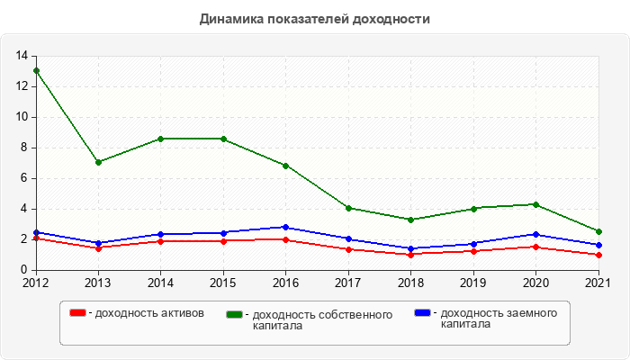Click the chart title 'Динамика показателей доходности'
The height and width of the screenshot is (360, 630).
pyautogui.click(x=315, y=19)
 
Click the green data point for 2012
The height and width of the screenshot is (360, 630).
pyautogui.click(x=36, y=70)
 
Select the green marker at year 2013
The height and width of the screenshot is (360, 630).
pyautogui.click(x=98, y=162)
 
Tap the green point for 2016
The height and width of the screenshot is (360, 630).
pyautogui.click(x=285, y=166)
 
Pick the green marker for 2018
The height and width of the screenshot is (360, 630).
pyautogui.click(x=410, y=220)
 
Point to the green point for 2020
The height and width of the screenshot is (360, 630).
pyautogui.click(x=535, y=204)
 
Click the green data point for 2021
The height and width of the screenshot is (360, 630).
pyautogui.click(x=598, y=231)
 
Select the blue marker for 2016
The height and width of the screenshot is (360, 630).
pyautogui.click(x=285, y=227)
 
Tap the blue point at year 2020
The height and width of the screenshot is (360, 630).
pyautogui.click(x=535, y=234)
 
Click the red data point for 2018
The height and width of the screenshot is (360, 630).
pyautogui.click(x=410, y=255)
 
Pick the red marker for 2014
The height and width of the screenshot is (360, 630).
pyautogui.click(x=160, y=241)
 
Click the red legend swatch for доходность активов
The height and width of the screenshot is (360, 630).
pyautogui.click(x=78, y=312)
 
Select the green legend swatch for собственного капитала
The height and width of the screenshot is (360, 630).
pyautogui.click(x=235, y=314)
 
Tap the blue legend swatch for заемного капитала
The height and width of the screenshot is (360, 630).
pyautogui.click(x=422, y=312)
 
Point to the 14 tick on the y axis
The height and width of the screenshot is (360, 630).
pyautogui.click(x=22, y=56)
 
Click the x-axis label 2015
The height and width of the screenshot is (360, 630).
pyautogui.click(x=223, y=283)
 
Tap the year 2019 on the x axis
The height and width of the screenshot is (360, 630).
pyautogui.click(x=473, y=283)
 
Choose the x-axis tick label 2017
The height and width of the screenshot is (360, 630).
pyautogui.click(x=348, y=283)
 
